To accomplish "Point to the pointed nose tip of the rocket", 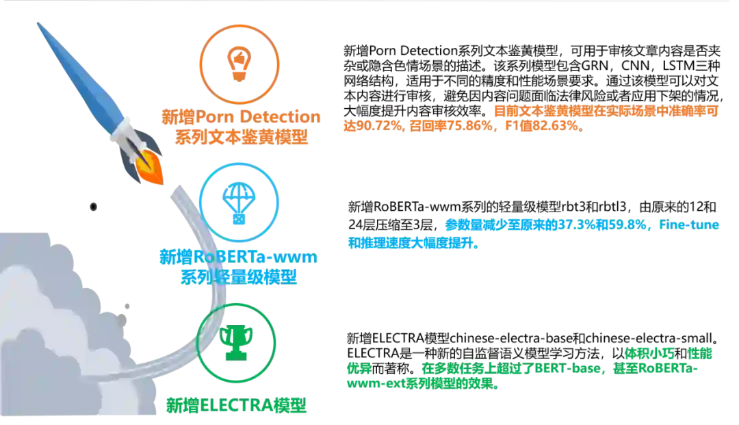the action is coord(37,25).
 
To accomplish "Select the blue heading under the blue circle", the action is coord(239,267).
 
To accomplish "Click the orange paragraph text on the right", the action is coord(530,118).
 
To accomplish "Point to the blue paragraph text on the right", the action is coord(534,233).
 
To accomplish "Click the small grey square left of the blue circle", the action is coord(93,204).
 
